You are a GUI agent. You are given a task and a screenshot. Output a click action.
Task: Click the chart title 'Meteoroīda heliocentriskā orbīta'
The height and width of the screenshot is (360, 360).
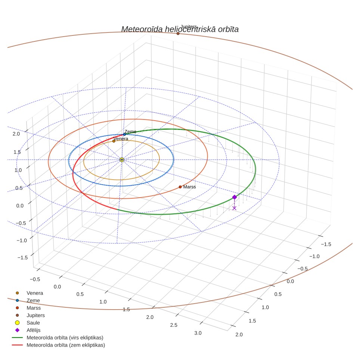tap(180, 29)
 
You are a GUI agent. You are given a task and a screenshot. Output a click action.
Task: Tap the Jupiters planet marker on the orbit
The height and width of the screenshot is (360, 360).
tap(178, 34)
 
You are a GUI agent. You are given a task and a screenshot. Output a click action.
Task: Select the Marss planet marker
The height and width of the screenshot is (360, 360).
tap(180, 187)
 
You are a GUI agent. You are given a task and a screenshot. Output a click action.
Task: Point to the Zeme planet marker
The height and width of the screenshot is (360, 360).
tap(124, 134)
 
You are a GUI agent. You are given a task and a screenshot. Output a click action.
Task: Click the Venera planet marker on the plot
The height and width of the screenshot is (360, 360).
tap(114, 141)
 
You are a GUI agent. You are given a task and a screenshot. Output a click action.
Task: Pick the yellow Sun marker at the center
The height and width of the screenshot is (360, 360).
tap(122, 159)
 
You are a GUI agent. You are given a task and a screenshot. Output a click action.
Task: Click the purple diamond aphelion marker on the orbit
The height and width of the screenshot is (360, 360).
tap(235, 197)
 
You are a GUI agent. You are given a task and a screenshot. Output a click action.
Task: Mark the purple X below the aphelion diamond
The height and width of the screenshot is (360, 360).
tap(234, 208)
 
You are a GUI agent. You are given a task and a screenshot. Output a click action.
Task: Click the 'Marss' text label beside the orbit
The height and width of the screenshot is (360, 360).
tap(189, 187)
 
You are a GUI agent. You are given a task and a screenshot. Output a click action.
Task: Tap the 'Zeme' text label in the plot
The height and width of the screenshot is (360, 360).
tap(130, 131)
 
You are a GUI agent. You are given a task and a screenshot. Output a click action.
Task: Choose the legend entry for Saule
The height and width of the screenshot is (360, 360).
tap(33, 323)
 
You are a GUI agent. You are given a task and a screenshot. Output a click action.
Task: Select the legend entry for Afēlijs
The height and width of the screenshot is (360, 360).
tap(33, 330)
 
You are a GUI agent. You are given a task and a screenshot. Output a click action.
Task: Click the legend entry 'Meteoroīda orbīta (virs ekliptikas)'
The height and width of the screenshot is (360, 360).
tap(65, 338)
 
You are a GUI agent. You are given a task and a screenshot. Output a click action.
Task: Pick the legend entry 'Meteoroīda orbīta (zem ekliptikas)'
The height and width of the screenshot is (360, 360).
tap(66, 345)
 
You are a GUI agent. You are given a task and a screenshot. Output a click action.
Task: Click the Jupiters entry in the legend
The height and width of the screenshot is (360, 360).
tap(35, 315)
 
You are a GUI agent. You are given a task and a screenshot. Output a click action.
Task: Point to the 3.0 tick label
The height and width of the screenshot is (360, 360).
tap(198, 333)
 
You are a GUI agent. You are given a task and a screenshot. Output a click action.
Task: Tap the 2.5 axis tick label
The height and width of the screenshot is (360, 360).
tap(174, 325)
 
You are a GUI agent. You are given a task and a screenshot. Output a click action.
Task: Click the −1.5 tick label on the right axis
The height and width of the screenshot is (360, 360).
tap(326, 244)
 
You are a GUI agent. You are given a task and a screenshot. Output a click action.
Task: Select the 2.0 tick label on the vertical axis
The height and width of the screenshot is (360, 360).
tap(16, 134)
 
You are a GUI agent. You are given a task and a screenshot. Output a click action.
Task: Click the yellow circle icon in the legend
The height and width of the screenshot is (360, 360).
tap(17, 323)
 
